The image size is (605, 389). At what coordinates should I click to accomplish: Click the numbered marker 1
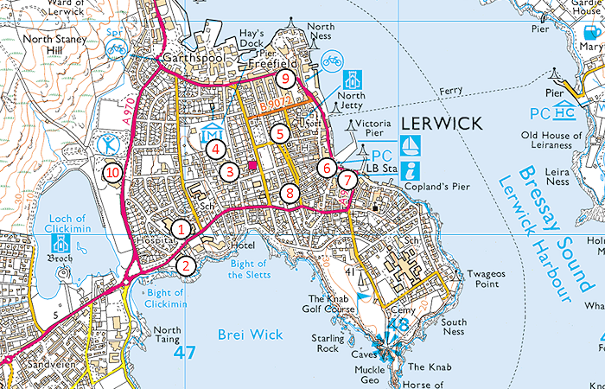click(x=181, y=229)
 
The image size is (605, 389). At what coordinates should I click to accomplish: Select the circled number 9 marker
click(x=285, y=79)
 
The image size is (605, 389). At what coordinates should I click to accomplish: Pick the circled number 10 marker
click(x=112, y=173)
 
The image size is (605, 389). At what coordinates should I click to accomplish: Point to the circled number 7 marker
click(x=346, y=181)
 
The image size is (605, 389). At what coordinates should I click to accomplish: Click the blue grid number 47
click(x=184, y=353)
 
